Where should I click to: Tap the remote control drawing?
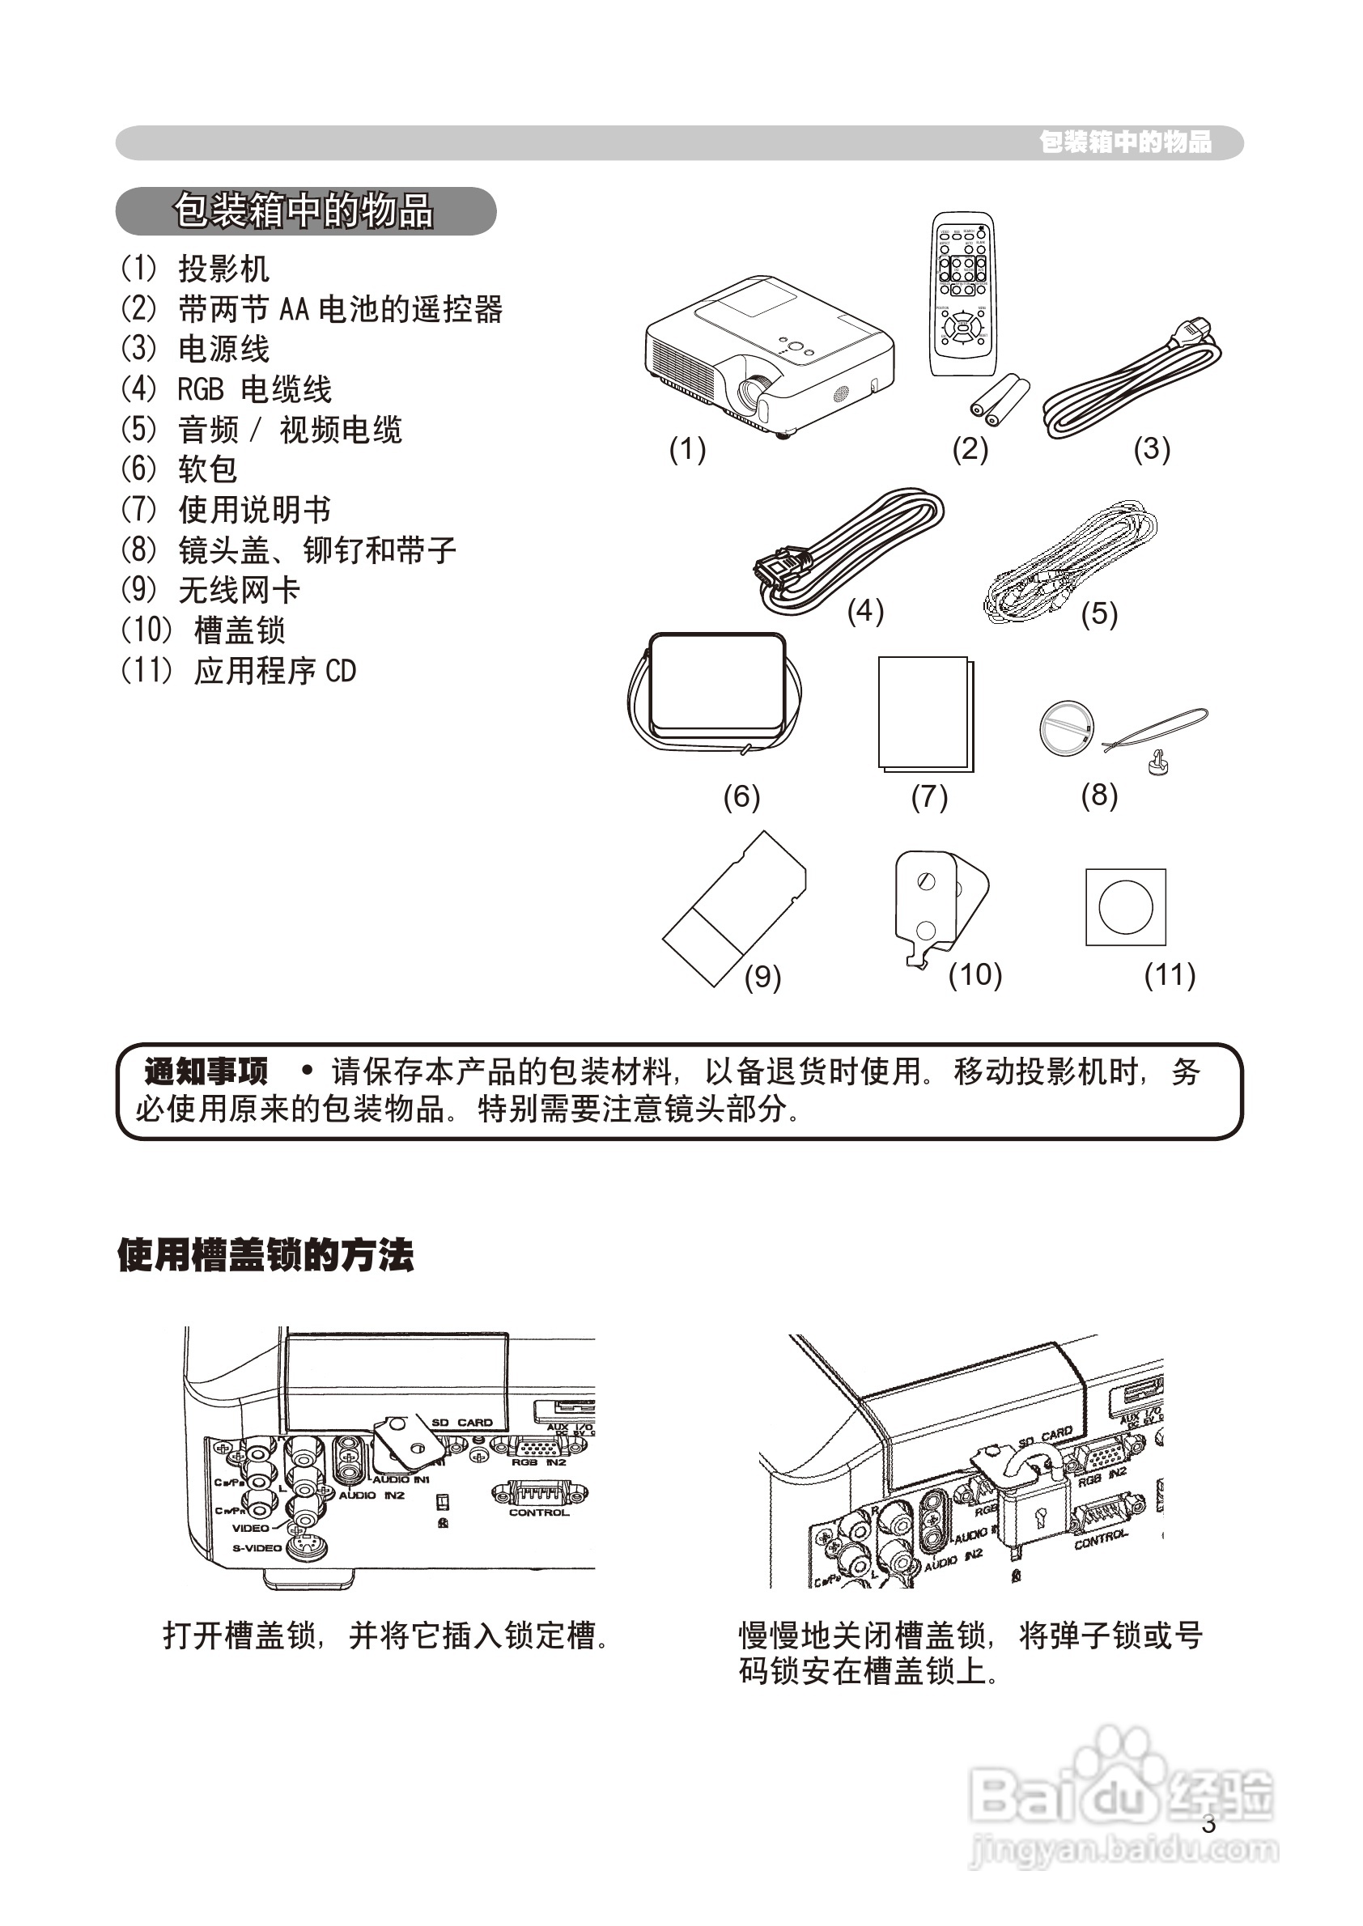(962, 294)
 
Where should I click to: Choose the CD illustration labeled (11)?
(1126, 907)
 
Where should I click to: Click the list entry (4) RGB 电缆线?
(227, 389)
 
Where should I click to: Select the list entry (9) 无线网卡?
(210, 590)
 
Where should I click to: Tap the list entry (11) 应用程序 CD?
(240, 671)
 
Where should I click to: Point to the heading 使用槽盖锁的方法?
(265, 1256)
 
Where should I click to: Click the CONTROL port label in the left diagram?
(539, 1512)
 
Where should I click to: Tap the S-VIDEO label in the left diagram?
(257, 1547)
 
